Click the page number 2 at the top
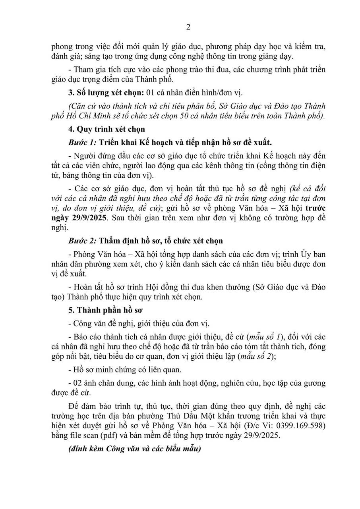tap(188, 27)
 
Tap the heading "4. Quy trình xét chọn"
tap(106, 129)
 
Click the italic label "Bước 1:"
tap(82, 142)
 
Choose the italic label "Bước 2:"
tap(82, 241)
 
